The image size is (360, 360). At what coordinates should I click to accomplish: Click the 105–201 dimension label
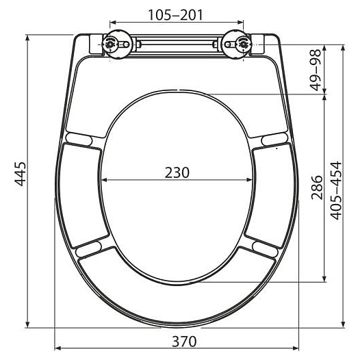(175, 15)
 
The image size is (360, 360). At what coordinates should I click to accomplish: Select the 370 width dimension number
(184, 342)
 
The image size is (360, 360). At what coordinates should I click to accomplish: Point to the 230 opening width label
(177, 172)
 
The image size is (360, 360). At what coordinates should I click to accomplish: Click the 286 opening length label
(317, 188)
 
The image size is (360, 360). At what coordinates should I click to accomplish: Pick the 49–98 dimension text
(316, 70)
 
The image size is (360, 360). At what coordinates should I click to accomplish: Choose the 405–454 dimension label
(335, 190)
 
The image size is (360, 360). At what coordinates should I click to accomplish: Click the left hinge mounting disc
(117, 44)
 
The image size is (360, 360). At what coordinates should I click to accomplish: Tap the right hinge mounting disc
(237, 44)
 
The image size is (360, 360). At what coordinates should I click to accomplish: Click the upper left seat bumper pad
(79, 140)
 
